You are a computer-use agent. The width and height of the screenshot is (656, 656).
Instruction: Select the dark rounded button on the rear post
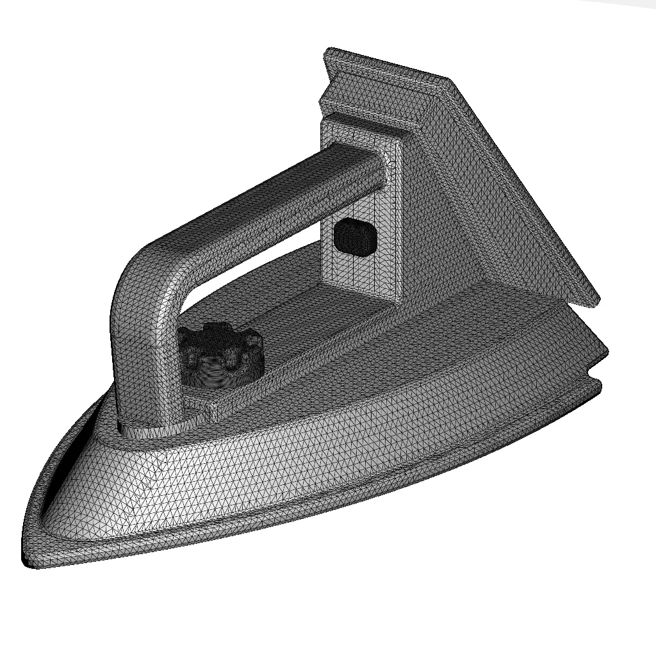(x=354, y=236)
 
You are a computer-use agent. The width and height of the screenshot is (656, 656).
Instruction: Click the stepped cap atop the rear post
(x=365, y=128)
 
